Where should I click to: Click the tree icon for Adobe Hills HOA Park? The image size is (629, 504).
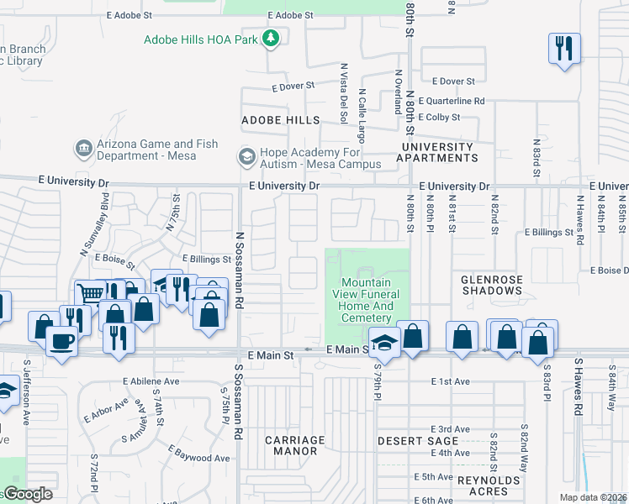click(270, 39)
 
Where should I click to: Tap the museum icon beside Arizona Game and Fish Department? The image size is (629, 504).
click(83, 149)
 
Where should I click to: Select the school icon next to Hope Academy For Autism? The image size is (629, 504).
click(246, 156)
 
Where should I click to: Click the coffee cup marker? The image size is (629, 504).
click(61, 341)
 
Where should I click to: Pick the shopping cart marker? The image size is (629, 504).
click(88, 293)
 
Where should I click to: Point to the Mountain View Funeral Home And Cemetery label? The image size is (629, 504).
click(367, 300)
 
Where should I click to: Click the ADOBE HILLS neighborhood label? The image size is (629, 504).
click(280, 120)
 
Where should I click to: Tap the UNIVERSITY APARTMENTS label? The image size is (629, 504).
click(437, 152)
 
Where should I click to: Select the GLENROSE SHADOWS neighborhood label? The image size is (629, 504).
click(493, 284)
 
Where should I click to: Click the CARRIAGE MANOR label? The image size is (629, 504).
click(294, 445)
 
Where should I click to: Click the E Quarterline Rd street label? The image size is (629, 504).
click(456, 101)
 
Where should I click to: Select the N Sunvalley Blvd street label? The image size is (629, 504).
click(95, 224)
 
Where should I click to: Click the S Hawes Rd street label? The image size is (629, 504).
click(579, 387)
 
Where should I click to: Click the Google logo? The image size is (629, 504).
click(28, 494)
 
